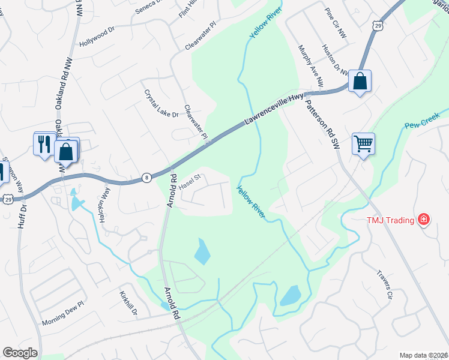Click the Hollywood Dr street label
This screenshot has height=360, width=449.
pos(96,37)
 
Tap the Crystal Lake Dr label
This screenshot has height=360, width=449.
pos(161,104)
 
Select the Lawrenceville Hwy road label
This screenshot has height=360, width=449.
pos(274,112)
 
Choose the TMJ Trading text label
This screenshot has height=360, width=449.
pos(391,220)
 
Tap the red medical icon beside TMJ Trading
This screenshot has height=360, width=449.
pos(424,220)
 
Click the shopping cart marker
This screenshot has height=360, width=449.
pos(363,143)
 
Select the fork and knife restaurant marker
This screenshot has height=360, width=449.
pos(44,144)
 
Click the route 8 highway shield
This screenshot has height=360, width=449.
pos(146,177)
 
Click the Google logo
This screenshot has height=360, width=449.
pos(20,353)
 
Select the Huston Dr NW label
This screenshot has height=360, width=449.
pos(335,60)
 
